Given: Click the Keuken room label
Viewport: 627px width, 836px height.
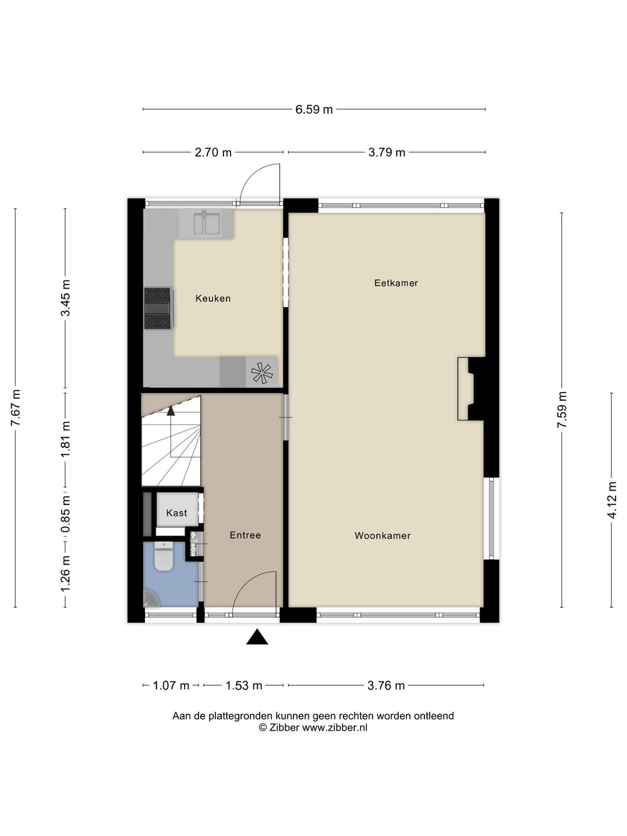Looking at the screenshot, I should pyautogui.click(x=213, y=298).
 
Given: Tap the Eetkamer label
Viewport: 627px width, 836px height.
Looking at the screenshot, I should pyautogui.click(x=396, y=283).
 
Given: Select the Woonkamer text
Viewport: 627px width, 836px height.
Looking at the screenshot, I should pyautogui.click(x=383, y=536).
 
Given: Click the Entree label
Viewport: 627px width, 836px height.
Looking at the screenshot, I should pyautogui.click(x=245, y=535).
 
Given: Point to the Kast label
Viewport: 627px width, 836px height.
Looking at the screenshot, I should pyautogui.click(x=176, y=513).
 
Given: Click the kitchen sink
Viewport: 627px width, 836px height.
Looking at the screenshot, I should pyautogui.click(x=206, y=224).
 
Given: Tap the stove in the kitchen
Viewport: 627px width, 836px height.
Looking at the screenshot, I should pyautogui.click(x=158, y=308).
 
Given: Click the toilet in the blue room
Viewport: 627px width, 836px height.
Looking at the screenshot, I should pyautogui.click(x=164, y=557).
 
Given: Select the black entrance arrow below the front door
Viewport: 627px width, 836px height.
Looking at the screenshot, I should pyautogui.click(x=257, y=637).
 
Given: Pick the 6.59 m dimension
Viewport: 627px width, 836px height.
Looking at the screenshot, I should pyautogui.click(x=314, y=109).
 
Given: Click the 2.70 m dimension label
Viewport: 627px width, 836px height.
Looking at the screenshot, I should pyautogui.click(x=213, y=153).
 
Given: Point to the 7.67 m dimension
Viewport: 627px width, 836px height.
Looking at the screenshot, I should pyautogui.click(x=16, y=408).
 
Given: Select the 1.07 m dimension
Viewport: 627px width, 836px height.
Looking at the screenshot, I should pyautogui.click(x=171, y=686).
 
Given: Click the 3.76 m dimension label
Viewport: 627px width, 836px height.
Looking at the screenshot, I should pyautogui.click(x=386, y=686).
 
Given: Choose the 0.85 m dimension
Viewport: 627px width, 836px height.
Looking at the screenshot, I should pyautogui.click(x=66, y=513).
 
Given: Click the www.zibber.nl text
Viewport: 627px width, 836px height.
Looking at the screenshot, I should pyautogui.click(x=334, y=727).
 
